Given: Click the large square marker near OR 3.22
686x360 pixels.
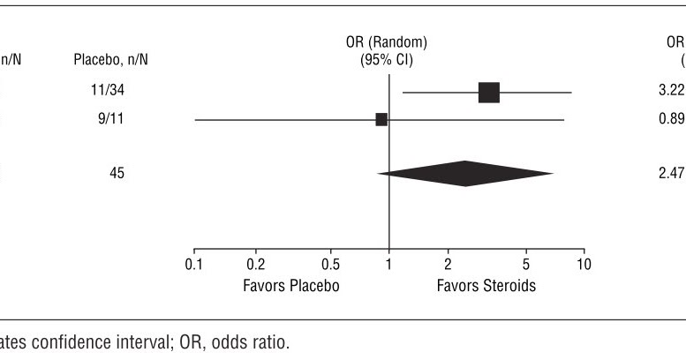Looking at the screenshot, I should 488,92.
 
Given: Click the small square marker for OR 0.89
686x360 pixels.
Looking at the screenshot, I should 381,119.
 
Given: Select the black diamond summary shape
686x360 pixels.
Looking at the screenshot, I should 465,174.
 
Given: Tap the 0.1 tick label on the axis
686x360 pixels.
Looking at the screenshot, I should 194,266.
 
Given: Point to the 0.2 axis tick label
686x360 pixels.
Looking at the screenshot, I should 255,266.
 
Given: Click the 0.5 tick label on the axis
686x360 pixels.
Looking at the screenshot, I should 331,266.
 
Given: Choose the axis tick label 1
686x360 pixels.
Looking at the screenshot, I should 389,266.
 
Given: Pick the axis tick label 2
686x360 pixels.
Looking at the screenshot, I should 448,266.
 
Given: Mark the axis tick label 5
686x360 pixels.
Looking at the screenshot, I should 525,266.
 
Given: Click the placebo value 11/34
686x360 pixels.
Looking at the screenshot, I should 111,92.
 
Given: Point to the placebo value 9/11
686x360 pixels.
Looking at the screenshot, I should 111,119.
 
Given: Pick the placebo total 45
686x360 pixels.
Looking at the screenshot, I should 117,174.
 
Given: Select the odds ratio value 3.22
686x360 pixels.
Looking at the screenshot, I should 672,92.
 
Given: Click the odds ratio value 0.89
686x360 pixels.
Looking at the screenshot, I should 672,119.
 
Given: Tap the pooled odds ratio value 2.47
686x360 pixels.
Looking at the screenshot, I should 672,174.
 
